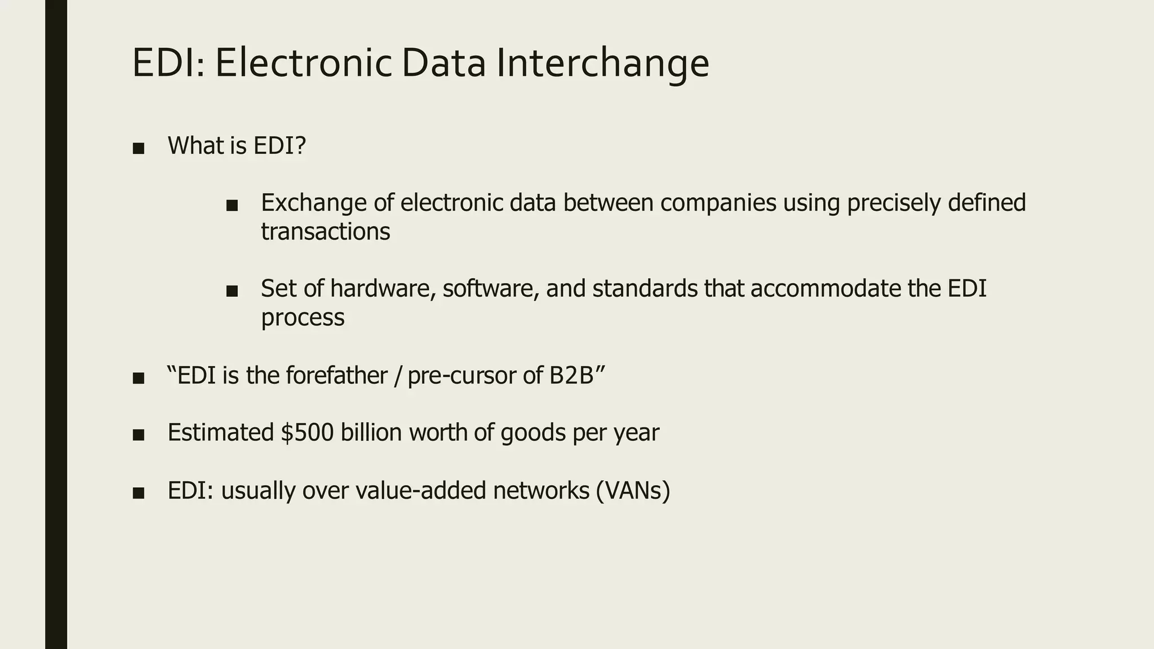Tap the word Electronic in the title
pos(303,63)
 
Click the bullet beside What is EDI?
pos(139,149)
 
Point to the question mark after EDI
pos(300,146)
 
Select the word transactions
pos(326,232)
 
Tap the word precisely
pos(894,203)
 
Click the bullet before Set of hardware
pos(232,291)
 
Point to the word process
pos(303,318)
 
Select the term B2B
pos(571,375)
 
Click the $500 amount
pos(307,433)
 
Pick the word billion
pos(371,433)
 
